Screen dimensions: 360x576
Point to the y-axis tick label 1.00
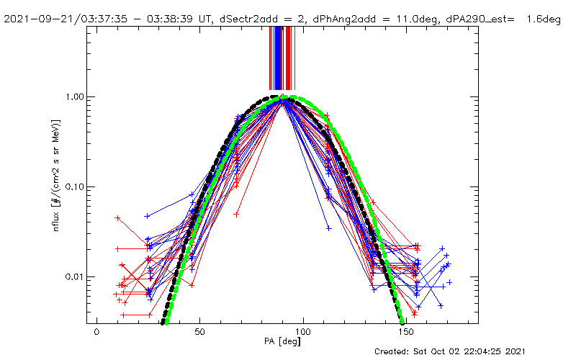pyautogui.click(x=73, y=96)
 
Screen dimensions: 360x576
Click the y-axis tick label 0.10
pyautogui.click(x=73, y=186)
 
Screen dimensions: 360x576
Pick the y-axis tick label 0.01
pyautogui.click(x=73, y=277)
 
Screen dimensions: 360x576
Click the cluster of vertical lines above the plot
pyautogui.click(x=281, y=58)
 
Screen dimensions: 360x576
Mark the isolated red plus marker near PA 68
pyautogui.click(x=236, y=214)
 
